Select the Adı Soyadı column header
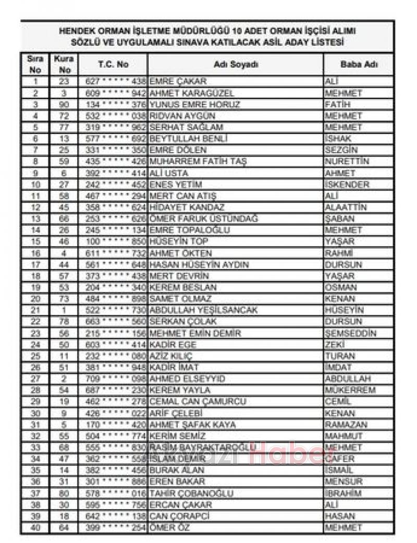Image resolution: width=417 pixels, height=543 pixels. [236, 65]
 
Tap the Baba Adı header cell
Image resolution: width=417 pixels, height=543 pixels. [359, 65]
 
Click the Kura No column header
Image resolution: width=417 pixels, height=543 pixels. [64, 65]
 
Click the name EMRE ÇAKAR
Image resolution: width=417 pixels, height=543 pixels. [178, 82]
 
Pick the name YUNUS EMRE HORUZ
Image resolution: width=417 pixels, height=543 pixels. [194, 105]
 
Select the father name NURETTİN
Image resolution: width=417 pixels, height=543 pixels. [347, 161]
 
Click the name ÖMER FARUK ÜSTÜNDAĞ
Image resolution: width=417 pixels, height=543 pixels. [203, 219]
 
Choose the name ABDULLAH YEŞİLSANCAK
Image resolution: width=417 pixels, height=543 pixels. [203, 310]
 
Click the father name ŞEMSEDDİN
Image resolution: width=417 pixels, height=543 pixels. [350, 333]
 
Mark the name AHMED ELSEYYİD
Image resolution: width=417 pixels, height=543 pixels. [187, 379]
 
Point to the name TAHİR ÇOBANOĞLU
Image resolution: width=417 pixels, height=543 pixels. [192, 493]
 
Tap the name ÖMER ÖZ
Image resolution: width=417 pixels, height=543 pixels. [169, 527]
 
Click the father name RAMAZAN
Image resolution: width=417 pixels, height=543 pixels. [346, 425]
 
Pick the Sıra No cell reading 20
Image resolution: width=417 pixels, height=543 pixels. [35, 299]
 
